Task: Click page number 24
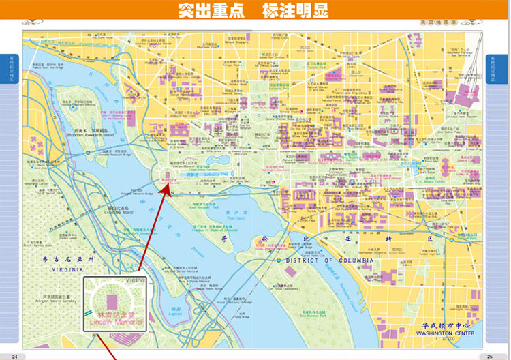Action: pos(14,356)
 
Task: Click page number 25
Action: pos(489,356)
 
